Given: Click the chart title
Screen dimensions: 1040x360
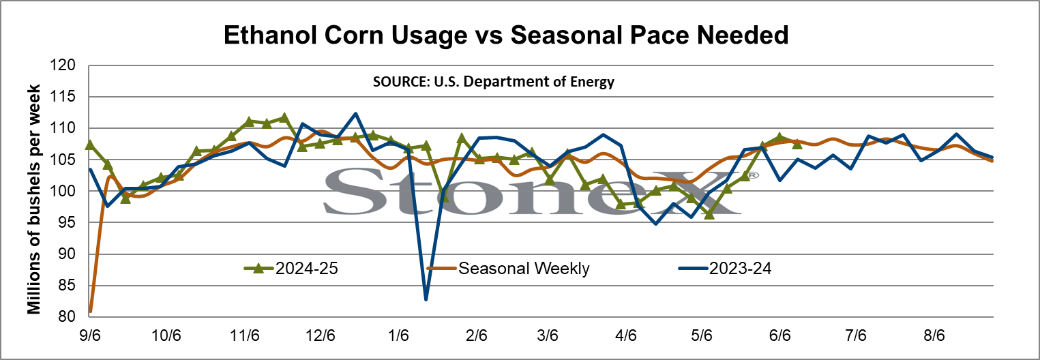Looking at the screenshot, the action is [x=506, y=35].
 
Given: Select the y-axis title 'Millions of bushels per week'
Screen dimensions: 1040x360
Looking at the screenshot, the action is [x=34, y=200].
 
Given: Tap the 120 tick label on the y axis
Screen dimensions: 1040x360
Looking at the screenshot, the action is [x=63, y=65].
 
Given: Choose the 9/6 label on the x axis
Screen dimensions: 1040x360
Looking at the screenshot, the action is [x=90, y=335].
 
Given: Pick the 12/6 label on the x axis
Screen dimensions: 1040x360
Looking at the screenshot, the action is [x=321, y=335].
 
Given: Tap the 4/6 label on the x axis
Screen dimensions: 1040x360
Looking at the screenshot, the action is [x=626, y=335].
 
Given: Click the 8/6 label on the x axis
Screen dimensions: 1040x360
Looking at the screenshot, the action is [x=934, y=335].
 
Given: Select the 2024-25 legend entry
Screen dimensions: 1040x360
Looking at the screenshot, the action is [x=292, y=268].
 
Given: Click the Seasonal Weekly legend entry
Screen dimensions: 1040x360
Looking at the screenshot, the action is [x=508, y=268].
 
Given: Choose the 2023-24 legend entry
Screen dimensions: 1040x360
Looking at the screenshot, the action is [x=725, y=268].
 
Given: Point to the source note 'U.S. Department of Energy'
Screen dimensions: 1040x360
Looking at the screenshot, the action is [x=524, y=82].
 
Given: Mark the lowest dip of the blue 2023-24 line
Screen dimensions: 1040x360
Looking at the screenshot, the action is [x=426, y=300].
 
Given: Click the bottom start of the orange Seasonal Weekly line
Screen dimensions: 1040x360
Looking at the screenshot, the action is [x=90, y=312].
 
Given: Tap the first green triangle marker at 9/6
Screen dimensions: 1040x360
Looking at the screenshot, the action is [x=90, y=145].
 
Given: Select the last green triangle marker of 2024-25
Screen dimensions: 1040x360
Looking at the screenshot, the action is [x=797, y=145].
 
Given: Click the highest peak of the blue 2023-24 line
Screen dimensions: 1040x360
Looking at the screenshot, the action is [x=355, y=113].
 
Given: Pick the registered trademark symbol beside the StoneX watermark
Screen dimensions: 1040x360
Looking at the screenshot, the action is [x=753, y=175].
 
